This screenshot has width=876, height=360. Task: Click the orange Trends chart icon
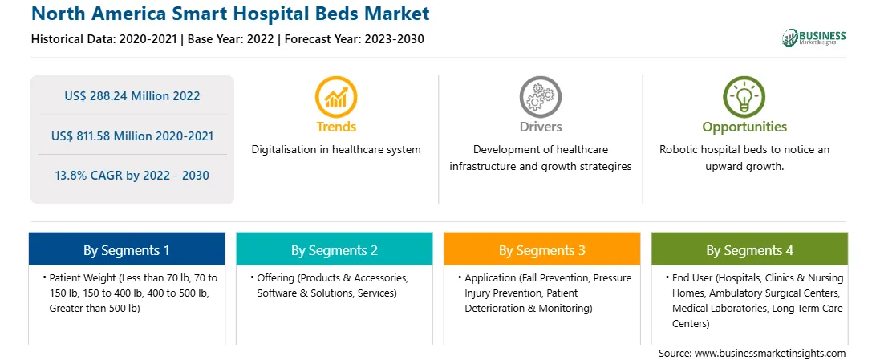336,96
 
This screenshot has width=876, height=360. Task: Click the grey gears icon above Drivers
540,96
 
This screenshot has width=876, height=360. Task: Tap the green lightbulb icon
744,96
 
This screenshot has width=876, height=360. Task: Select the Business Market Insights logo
814,38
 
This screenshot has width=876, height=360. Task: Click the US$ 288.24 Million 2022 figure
132,96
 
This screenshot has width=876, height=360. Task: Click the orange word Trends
336,127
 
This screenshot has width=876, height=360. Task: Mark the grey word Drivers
540,127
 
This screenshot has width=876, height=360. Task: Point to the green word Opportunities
744,127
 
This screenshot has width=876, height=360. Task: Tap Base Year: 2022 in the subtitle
231,39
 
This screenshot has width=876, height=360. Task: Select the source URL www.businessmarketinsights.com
770,353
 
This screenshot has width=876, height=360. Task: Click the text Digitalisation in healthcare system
336,150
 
